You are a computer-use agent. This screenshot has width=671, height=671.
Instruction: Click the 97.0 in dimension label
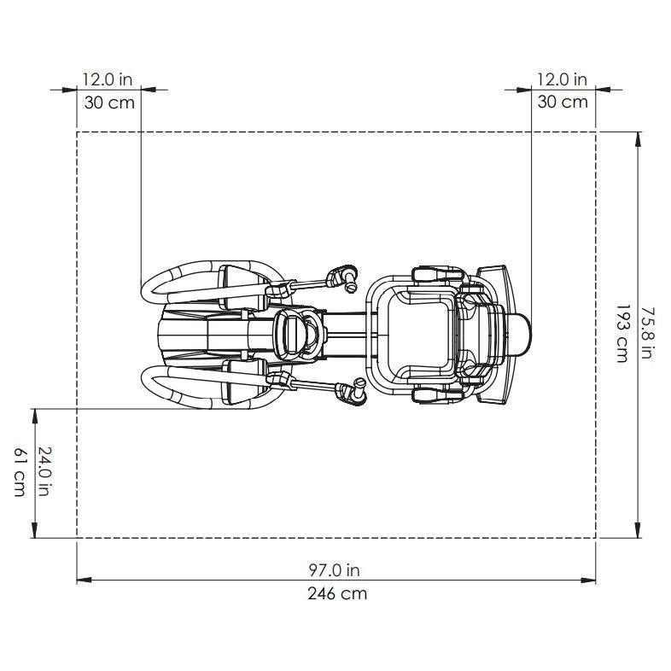point(334,570)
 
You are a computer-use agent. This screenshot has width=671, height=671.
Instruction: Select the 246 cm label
point(337,593)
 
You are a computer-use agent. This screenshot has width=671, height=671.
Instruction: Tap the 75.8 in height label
point(647,333)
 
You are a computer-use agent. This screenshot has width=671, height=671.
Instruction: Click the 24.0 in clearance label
point(44,471)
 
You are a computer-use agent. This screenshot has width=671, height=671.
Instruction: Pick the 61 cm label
point(20,472)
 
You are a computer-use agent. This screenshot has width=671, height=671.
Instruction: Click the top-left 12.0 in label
point(108,79)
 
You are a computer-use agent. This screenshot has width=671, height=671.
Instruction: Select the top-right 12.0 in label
point(563,79)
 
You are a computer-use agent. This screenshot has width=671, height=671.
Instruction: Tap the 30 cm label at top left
point(109,102)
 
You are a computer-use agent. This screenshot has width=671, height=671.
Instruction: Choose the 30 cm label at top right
point(563,102)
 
